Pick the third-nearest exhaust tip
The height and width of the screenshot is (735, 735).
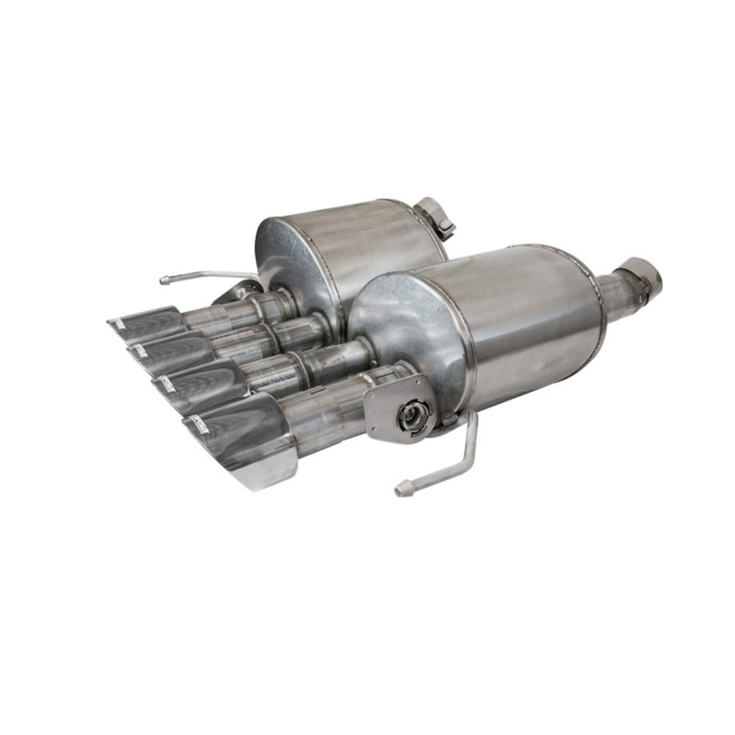pos(170,351)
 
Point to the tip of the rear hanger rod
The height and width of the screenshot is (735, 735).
pos(163,280)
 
